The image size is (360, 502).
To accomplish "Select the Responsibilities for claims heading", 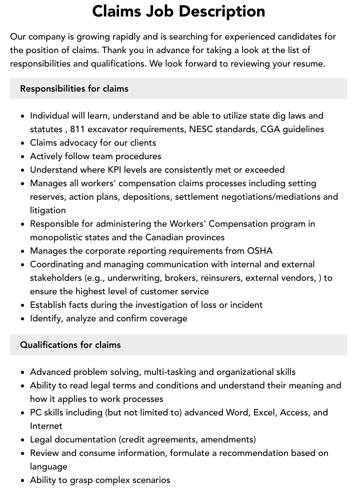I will (x=74, y=89).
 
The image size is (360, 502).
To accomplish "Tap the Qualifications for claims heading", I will (x=70, y=345).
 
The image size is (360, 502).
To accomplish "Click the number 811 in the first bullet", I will (x=78, y=129).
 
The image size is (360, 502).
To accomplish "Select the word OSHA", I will (x=260, y=251).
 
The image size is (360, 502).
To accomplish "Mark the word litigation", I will (x=47, y=210).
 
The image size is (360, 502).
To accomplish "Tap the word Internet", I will (x=46, y=426).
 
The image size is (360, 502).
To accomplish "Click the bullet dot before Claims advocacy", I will (x=22, y=143).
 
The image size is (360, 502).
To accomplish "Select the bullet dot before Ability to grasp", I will (x=22, y=480).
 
